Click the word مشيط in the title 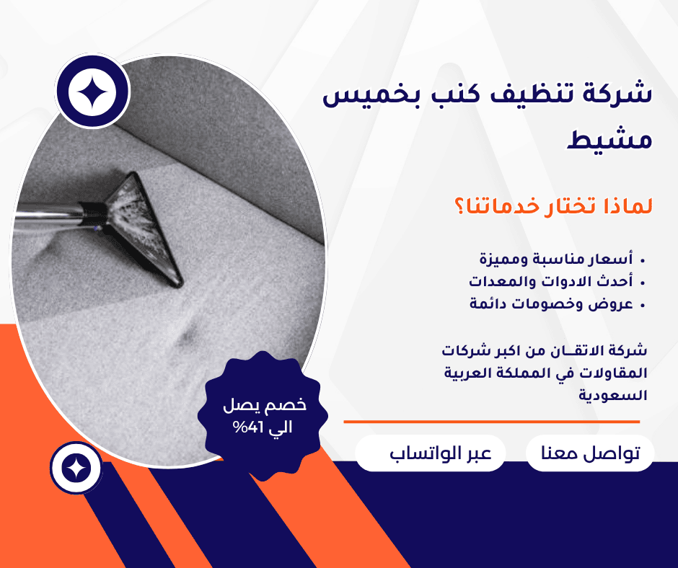pos(609,139)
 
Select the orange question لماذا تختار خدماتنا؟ pos(553,206)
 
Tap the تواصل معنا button pos(590,453)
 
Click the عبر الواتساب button pos(431,453)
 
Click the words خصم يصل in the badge pos(265,405)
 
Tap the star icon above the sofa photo pos(92,92)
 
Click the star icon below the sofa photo pos(76,468)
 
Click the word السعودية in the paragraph pos(612,395)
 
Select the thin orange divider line pos(492,422)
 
